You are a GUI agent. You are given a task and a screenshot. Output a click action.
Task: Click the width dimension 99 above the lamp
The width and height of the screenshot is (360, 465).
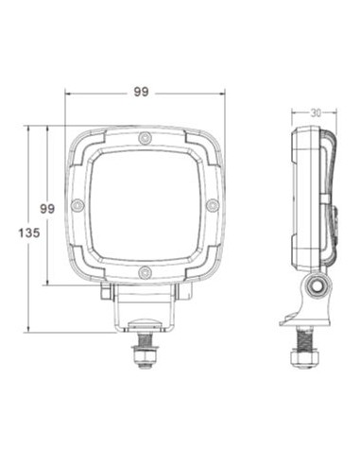(x=143, y=92)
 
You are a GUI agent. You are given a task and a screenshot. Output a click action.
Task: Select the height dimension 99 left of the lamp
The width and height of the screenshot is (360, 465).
(x=47, y=205)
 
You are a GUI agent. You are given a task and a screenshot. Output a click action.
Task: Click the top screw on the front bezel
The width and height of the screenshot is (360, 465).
(x=144, y=140)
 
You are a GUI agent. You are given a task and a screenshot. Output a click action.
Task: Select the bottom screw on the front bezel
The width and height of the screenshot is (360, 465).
(x=144, y=273)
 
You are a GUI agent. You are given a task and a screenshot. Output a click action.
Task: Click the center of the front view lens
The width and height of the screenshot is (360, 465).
(x=144, y=206)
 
